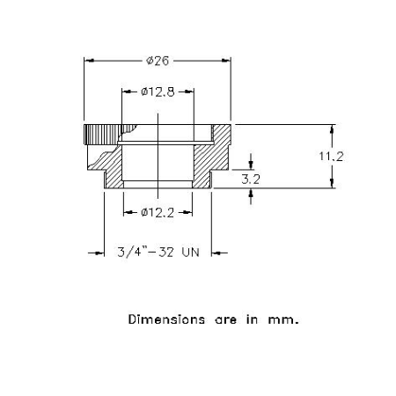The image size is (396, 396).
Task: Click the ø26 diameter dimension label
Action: pos(158,61)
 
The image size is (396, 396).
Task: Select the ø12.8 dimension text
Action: pos(158,92)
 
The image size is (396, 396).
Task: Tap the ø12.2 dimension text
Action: pos(158,212)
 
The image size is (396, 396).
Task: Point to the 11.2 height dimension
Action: pos(331,157)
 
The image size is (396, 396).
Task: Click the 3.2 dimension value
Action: pos(251,180)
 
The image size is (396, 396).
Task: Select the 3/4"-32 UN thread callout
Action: pos(158,253)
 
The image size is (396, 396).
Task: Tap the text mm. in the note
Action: pos(283,320)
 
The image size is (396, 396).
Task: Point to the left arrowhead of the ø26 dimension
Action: pos(89,61)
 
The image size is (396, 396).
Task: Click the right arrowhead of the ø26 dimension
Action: pos(226,61)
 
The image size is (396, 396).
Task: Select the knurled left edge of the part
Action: pos(102,135)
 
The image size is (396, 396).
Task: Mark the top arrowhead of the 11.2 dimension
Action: pos(332,129)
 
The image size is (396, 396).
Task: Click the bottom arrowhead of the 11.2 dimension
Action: pos(332,183)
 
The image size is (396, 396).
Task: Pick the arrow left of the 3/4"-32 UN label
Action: pos(96,253)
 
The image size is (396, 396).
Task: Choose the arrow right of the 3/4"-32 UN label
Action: pos(219,253)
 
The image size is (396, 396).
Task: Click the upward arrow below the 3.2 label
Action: pos(251,196)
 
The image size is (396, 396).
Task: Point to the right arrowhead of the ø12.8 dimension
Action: pos(189,92)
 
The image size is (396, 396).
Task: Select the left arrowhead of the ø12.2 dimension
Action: pos(128,212)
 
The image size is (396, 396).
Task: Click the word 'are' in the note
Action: pos(225,320)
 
